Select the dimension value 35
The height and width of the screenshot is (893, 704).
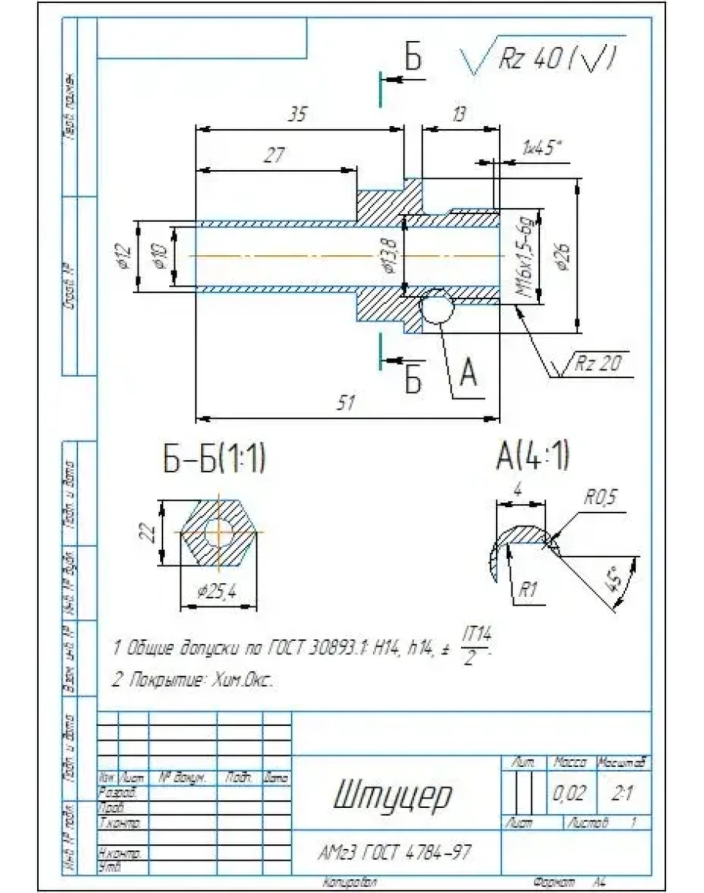coord(297,114)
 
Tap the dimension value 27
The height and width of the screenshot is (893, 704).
coord(272,155)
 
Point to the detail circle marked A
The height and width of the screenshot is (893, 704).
coord(437,308)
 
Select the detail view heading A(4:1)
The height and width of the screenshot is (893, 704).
coord(533,455)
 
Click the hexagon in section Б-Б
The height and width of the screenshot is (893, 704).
coord(220,533)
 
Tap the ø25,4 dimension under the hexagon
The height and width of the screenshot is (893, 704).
coord(217,592)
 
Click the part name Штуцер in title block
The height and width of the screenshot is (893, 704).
coord(394,796)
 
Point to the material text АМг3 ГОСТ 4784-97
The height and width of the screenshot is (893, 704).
coord(395,853)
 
